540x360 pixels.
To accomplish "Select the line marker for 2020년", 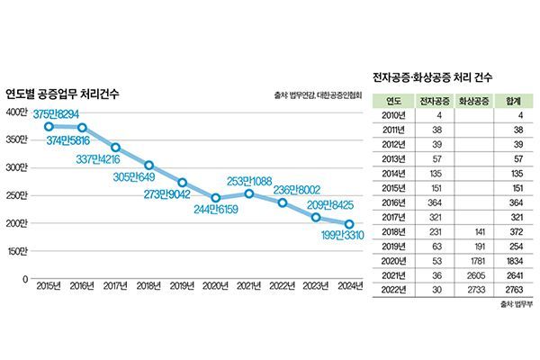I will pyautogui.click(x=216, y=198).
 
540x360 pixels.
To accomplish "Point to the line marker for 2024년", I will pyautogui.click(x=350, y=225).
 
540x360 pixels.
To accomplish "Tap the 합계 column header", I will pyautogui.click(x=515, y=101).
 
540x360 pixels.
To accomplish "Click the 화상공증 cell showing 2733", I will pyautogui.click(x=476, y=290).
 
